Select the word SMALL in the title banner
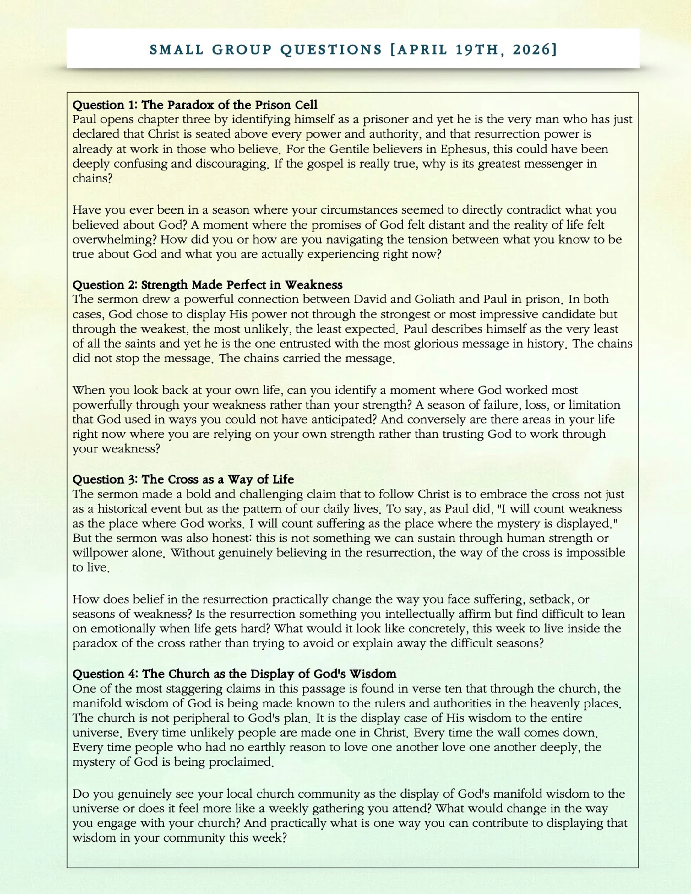click(177, 50)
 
